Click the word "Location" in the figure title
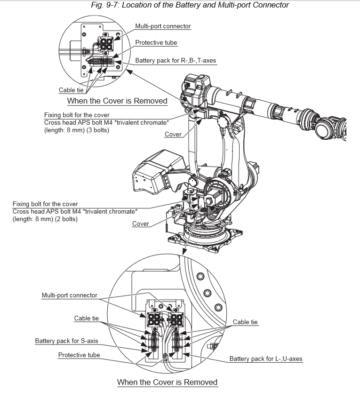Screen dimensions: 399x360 click(x=144, y=5)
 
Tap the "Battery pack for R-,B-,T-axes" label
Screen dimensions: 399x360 click(x=176, y=61)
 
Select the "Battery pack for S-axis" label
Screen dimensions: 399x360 click(x=66, y=341)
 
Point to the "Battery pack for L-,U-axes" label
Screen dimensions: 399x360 click(x=266, y=359)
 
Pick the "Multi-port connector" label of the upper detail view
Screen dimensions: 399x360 click(x=163, y=26)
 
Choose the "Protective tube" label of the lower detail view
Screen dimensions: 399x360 click(x=79, y=355)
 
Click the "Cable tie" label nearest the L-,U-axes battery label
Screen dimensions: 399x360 click(x=245, y=322)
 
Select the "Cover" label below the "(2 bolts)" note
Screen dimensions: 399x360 click(x=140, y=224)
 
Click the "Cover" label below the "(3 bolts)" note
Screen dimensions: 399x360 click(x=173, y=135)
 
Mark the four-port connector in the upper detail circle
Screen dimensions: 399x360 click(x=104, y=44)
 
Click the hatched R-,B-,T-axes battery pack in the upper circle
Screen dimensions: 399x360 click(x=100, y=63)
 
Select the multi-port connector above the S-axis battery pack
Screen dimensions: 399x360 click(x=154, y=319)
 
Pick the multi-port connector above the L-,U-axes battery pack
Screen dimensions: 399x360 click(x=176, y=319)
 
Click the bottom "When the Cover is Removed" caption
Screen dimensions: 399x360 click(x=167, y=382)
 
